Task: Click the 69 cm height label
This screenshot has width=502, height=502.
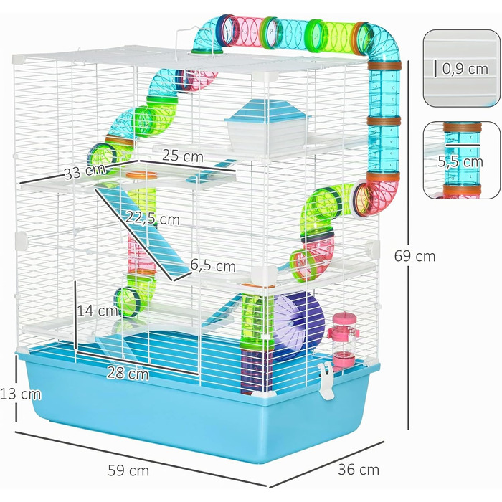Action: point(415,256)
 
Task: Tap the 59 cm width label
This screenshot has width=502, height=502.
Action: point(128,470)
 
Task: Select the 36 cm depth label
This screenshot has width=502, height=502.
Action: point(359,470)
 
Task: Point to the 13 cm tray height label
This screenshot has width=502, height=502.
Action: point(21,394)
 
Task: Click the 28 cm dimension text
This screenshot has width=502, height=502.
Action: point(128,373)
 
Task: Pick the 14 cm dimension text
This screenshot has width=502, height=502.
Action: point(97,311)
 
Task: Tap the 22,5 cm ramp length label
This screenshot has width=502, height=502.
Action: point(152,219)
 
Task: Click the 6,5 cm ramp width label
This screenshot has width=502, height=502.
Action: point(213,266)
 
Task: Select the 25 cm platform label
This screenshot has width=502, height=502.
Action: point(183,156)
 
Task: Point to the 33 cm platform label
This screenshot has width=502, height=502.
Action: point(85,172)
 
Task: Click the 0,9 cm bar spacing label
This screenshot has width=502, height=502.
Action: point(465,69)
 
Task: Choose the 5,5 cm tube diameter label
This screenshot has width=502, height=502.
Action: point(460,161)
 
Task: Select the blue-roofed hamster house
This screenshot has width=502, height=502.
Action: point(267,124)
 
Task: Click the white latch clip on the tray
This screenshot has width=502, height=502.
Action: point(326,381)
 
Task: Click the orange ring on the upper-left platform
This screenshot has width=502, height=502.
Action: point(141,175)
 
